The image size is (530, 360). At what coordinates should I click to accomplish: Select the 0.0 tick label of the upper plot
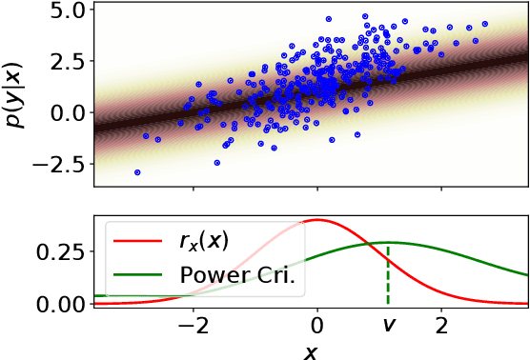[65, 112]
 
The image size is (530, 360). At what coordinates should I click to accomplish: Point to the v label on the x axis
[387, 325]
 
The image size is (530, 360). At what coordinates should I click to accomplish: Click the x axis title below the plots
[310, 350]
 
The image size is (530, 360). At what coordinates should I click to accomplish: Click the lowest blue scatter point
[137, 172]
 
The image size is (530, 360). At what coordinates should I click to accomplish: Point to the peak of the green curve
[387, 243]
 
